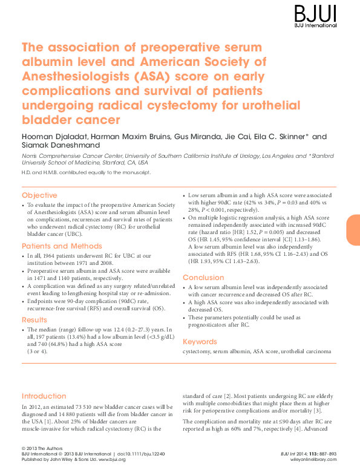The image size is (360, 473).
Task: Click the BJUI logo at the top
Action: pos(315,16)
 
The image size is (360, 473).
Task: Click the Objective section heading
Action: pos(39,196)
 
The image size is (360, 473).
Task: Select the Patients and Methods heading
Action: pos(62,246)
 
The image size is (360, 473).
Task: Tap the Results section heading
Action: pos(34,319)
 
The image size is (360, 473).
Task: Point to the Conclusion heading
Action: pos(203,278)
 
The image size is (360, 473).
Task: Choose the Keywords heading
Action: pos(200,342)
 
